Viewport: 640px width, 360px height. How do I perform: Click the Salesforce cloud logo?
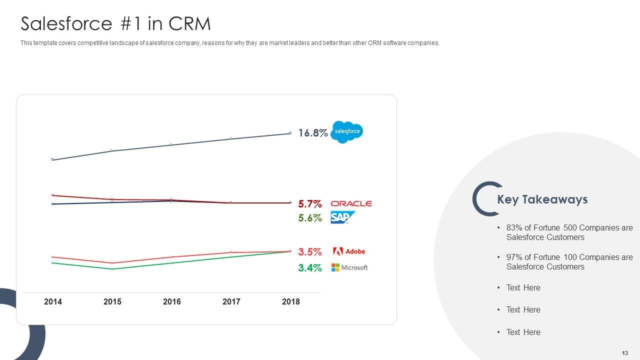347,132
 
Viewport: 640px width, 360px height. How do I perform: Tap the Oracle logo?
351,203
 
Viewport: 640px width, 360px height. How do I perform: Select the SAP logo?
342,217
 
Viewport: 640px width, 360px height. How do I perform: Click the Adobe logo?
349,251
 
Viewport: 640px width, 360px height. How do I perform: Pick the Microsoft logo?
349,267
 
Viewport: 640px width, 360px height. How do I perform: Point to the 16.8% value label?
313,133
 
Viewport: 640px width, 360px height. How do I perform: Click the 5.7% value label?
310,204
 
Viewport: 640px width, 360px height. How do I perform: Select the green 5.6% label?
310,218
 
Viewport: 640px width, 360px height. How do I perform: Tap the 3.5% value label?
310,252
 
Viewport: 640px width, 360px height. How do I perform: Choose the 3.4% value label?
310,268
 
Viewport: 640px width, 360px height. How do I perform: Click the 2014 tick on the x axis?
53,301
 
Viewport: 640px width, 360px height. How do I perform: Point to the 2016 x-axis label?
171,301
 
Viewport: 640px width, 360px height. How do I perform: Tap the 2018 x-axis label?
290,301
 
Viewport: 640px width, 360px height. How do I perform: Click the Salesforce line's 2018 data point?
290,133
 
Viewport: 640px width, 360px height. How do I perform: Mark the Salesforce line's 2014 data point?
52,159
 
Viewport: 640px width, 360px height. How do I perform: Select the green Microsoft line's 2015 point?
112,269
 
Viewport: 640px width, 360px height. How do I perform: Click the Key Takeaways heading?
542,199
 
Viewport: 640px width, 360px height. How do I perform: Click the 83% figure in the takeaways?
514,228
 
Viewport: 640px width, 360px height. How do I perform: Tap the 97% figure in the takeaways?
514,257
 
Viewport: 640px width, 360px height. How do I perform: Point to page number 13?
625,353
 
